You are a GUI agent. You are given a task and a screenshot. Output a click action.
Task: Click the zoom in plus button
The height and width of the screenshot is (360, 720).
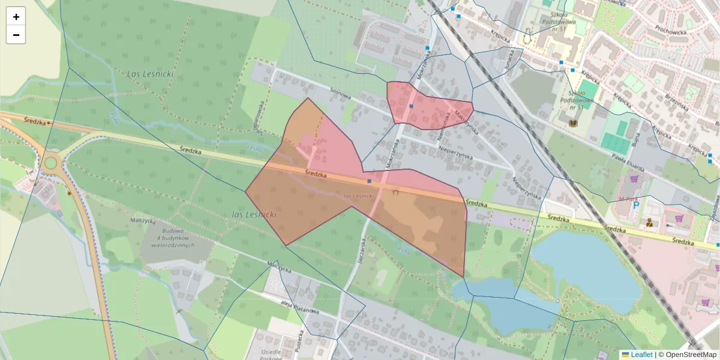(x=16, y=17)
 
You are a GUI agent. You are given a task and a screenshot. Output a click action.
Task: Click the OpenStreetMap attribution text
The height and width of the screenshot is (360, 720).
(x=688, y=355)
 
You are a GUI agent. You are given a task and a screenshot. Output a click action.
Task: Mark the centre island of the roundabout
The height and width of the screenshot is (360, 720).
(x=50, y=162)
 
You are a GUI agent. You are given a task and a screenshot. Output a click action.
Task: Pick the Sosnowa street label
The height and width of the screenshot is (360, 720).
(x=340, y=90)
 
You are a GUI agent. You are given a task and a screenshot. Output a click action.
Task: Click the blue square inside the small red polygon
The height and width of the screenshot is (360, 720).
(x=412, y=106)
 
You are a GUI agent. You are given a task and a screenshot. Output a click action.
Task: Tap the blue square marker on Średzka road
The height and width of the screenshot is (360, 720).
(x=370, y=181)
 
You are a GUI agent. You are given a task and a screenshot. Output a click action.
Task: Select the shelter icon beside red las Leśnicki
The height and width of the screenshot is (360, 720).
(x=395, y=193)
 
